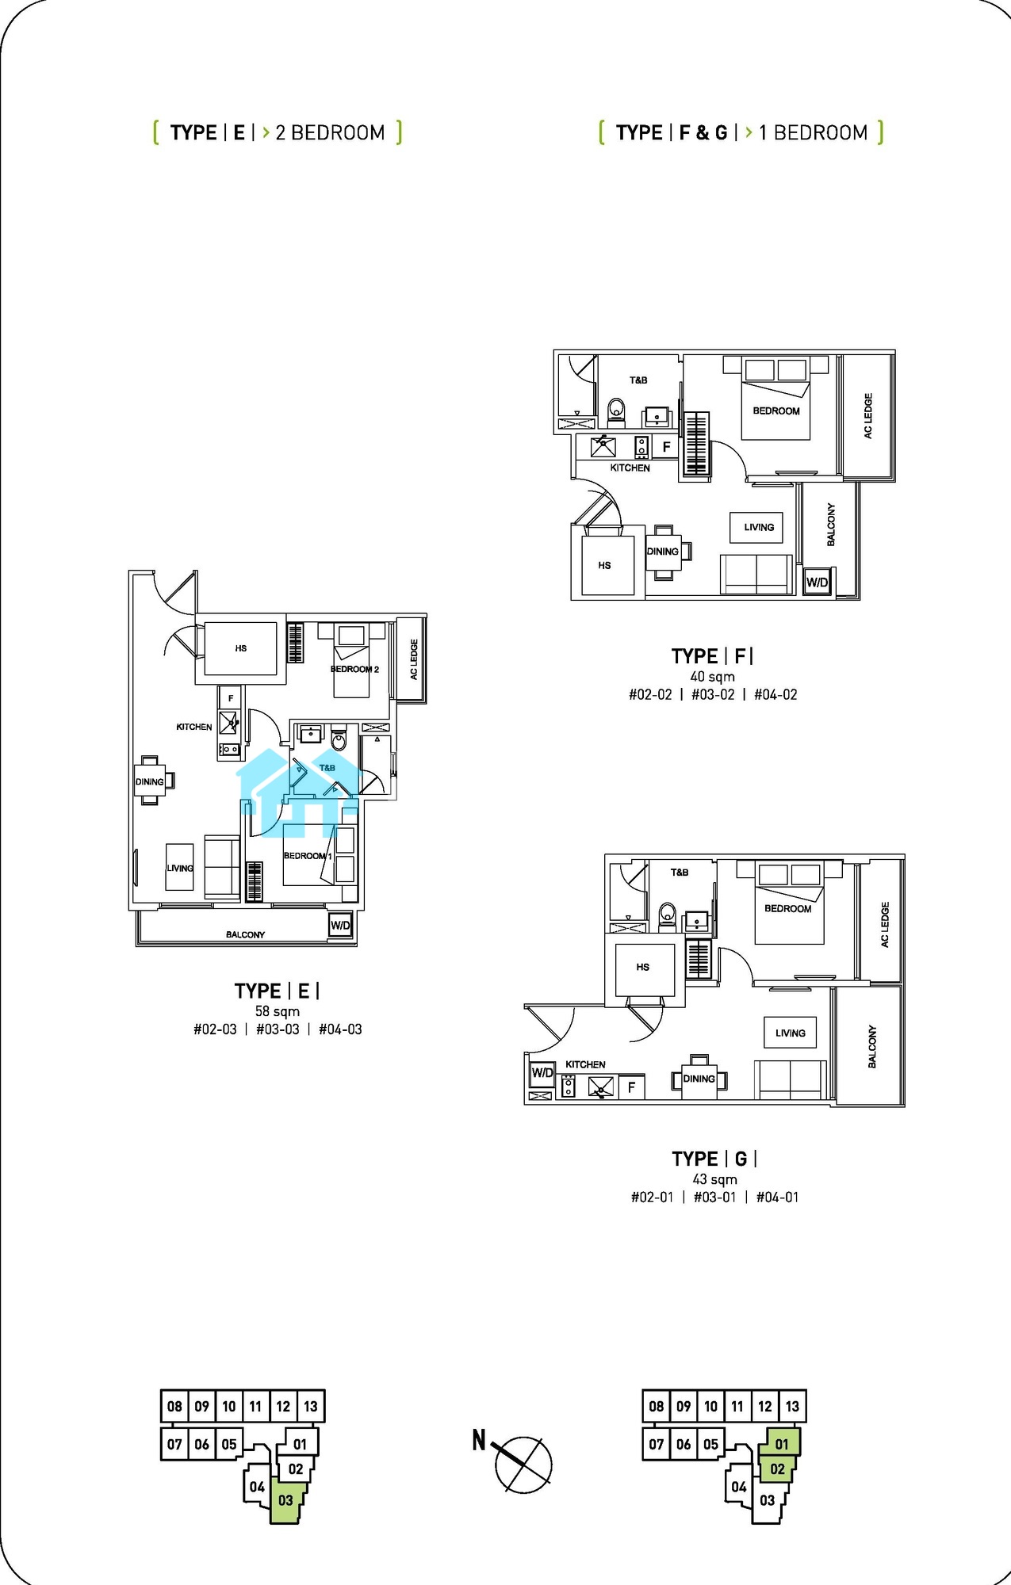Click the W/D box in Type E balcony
click(x=340, y=925)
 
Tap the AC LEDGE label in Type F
click(x=867, y=416)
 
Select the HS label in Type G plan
click(x=642, y=967)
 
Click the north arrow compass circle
click(x=524, y=1465)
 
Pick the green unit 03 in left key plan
click(x=285, y=1500)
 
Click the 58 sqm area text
click(x=278, y=1011)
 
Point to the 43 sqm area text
click(x=714, y=1179)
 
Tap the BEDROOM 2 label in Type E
click(x=354, y=670)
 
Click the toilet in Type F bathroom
click(x=616, y=412)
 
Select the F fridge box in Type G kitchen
click(x=631, y=1087)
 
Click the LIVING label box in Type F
click(x=759, y=527)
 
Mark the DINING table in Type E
click(x=150, y=781)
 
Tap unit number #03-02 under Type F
click(x=713, y=695)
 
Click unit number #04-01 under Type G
click(x=777, y=1197)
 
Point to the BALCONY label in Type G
click(x=872, y=1046)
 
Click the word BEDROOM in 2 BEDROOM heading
click(x=338, y=132)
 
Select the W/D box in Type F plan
click(x=817, y=582)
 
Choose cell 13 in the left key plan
click(x=311, y=1407)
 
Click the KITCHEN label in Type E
click(x=194, y=727)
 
